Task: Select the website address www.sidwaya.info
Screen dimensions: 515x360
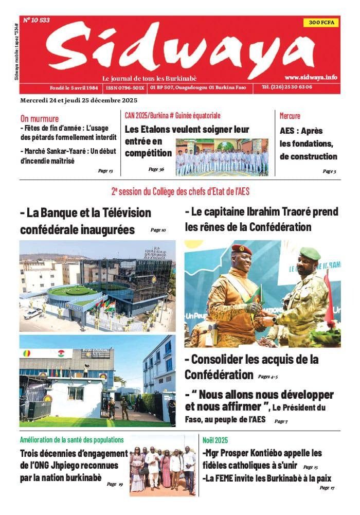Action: click(311, 77)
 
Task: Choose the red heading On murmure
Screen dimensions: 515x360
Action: click(40, 118)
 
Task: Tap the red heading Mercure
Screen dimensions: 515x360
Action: click(290, 116)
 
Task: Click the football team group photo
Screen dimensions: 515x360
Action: click(222, 157)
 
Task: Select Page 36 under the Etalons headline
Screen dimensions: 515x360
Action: click(156, 169)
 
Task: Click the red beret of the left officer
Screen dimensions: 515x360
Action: click(241, 250)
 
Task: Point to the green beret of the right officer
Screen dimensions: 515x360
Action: click(310, 253)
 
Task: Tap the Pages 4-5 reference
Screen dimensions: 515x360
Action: click(268, 377)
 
